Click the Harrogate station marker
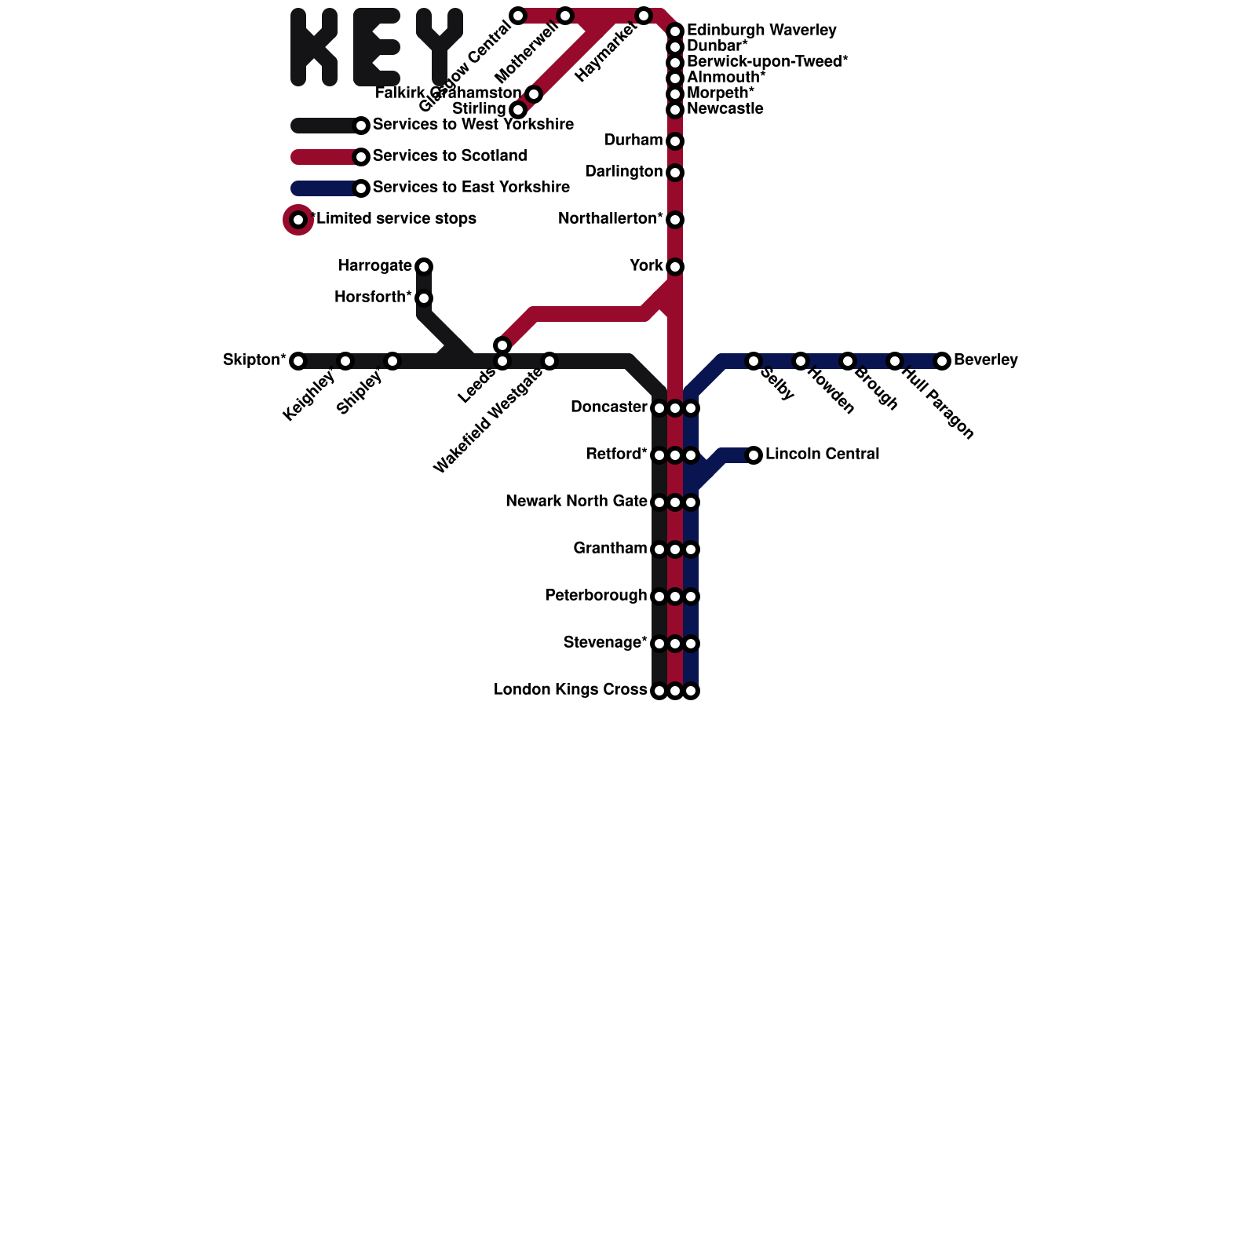(x=424, y=267)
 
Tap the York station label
(x=646, y=266)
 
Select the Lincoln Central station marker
(x=754, y=455)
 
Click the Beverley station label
(x=985, y=360)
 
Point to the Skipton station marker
(x=298, y=361)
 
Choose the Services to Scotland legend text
(x=449, y=156)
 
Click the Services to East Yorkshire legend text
(x=471, y=188)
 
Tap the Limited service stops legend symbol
(x=298, y=220)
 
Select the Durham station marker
(x=675, y=141)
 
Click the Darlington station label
(x=623, y=172)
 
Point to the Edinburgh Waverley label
(x=761, y=31)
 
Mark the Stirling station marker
(x=518, y=110)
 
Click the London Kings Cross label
(x=570, y=690)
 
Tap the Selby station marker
(x=754, y=361)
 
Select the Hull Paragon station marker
(x=895, y=361)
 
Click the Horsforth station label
(x=373, y=298)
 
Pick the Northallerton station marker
(x=675, y=220)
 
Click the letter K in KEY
(x=314, y=47)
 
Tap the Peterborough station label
(x=595, y=596)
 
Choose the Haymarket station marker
(x=644, y=16)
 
